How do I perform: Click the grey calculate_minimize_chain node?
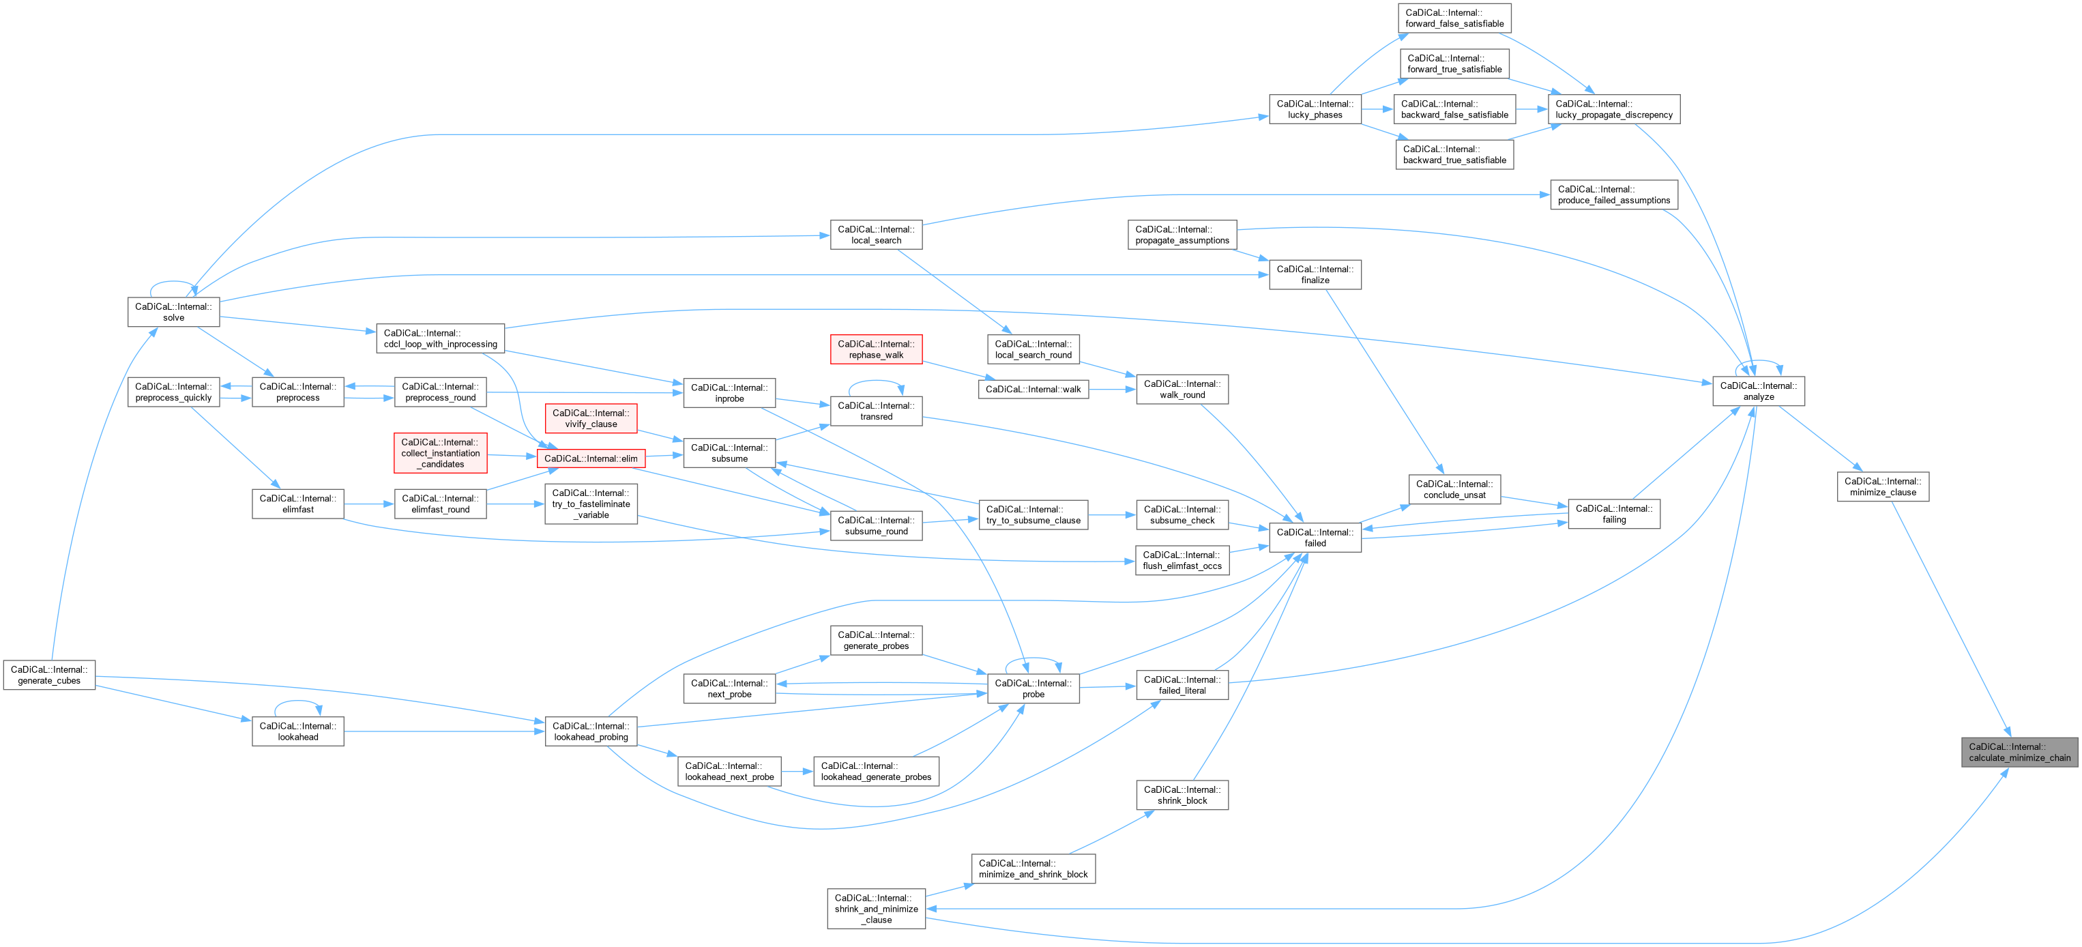[2019, 753]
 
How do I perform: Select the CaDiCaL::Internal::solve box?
[174, 312]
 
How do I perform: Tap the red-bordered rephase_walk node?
[876, 349]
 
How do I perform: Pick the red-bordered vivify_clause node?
[591, 418]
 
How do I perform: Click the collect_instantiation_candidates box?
[441, 453]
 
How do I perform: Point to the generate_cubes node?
[49, 675]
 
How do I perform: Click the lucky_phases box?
[1315, 109]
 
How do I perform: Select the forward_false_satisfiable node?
[1454, 18]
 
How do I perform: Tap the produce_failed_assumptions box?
[1613, 194]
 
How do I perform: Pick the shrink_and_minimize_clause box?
[876, 909]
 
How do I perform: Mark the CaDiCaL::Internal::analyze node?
[1758, 391]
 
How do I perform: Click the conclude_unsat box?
[1454, 490]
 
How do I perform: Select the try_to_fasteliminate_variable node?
[591, 504]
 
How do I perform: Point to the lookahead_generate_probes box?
[876, 772]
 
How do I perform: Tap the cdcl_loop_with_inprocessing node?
[441, 338]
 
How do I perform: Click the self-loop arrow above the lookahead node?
[297, 702]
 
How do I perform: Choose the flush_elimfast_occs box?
[1182, 561]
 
